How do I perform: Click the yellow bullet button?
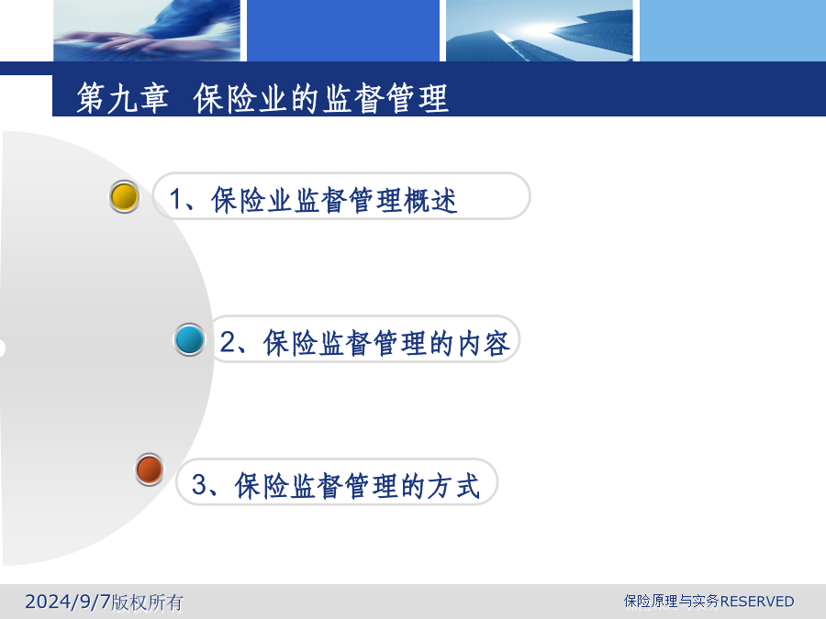point(124,197)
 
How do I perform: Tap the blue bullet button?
point(190,339)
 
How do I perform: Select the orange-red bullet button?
point(150,469)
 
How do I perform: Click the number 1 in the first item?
point(176,199)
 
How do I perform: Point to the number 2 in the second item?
point(228,342)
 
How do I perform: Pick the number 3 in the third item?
point(200,484)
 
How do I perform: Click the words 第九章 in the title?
point(123,98)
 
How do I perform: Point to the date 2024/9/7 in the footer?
point(68,601)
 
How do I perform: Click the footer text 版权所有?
point(147,602)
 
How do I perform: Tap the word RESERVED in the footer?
point(757,601)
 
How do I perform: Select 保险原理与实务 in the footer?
point(672,601)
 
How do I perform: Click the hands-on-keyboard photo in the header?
point(147,30)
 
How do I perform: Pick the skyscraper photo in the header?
point(540,30)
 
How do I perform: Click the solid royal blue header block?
point(343,30)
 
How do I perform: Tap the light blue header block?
point(732,30)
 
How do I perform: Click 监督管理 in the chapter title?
point(385,98)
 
